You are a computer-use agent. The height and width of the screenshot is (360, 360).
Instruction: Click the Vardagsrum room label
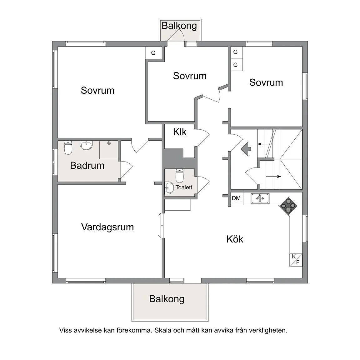pos(107,227)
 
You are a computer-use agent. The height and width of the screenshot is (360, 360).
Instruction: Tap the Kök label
pos(235,239)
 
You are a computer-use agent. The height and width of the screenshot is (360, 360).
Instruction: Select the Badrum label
pos(87,166)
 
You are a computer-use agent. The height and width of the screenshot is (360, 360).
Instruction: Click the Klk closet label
pos(180,132)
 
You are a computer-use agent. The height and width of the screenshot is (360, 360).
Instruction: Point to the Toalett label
pos(184,187)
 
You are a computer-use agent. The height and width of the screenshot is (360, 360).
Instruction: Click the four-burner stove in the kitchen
pos(288,206)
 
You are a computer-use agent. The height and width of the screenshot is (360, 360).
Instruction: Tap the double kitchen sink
pos(260,198)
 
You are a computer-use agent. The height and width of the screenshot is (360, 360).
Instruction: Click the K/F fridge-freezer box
pos(296,260)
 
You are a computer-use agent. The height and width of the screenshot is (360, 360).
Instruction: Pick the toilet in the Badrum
pos(68,147)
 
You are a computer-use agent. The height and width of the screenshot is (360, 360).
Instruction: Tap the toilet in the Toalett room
pos(180,176)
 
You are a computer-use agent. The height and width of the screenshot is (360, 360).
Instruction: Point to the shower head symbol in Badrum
pos(109,142)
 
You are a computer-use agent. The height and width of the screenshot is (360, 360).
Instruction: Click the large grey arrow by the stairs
pos(246,149)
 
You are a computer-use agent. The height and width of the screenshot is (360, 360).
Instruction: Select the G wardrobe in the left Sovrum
pos(154,53)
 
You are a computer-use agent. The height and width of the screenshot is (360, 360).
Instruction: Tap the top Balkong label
pos(179,26)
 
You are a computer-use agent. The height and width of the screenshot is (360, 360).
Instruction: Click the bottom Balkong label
pos(167,299)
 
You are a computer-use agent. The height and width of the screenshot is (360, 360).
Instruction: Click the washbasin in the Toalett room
pos(169,188)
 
